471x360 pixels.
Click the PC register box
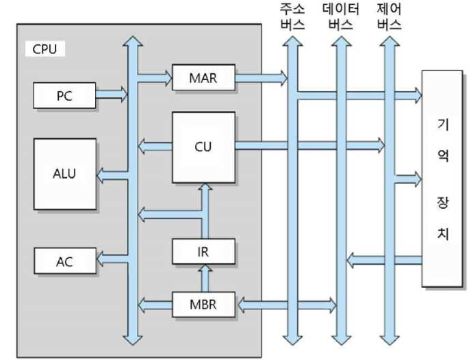click(x=64, y=96)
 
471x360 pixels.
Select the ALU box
click(x=65, y=173)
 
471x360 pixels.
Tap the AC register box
click(x=64, y=260)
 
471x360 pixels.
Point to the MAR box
click(x=203, y=77)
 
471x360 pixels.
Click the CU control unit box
click(x=203, y=146)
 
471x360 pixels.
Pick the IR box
click(x=203, y=252)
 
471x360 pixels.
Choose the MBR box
click(x=203, y=304)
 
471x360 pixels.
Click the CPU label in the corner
click(x=44, y=49)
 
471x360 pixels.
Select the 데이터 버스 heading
click(x=340, y=18)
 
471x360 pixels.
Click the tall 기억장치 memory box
click(x=442, y=178)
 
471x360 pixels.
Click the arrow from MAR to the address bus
click(x=261, y=78)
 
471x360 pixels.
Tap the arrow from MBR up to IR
click(x=203, y=279)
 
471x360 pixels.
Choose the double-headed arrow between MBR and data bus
click(x=285, y=304)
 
